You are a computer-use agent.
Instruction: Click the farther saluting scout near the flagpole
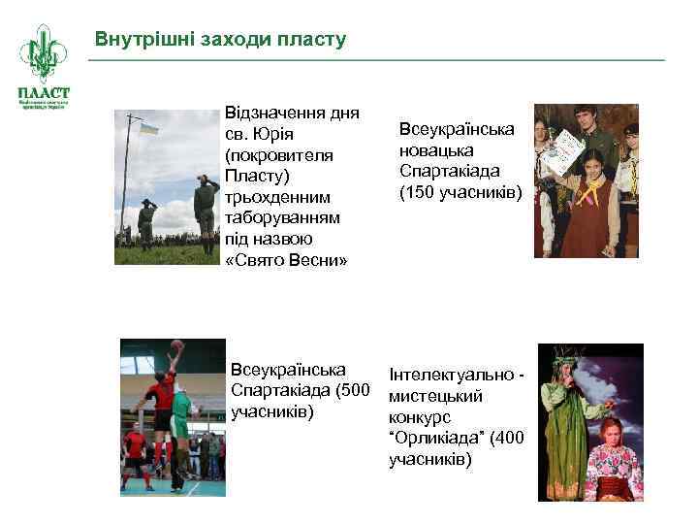146,222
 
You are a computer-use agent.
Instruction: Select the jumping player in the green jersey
181,408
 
